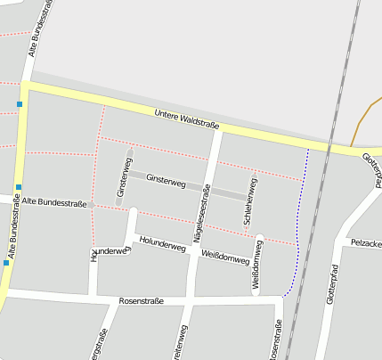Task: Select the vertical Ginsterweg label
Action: (121, 181)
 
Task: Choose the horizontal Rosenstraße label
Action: (141, 301)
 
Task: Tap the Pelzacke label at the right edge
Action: (366, 242)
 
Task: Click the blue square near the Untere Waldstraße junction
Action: (19, 104)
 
